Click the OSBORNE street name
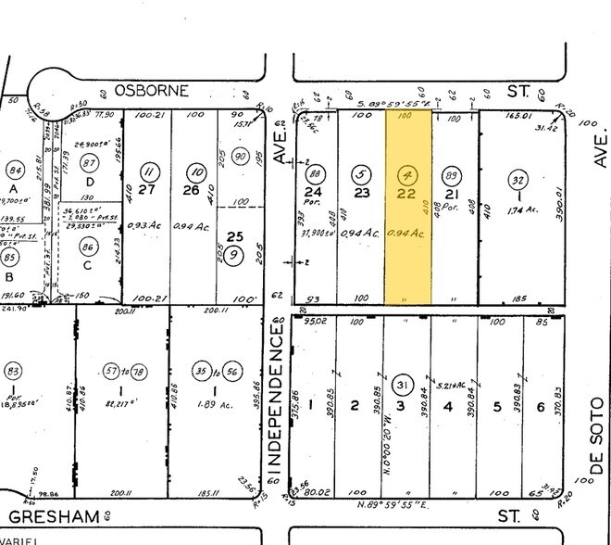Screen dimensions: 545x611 click(x=152, y=90)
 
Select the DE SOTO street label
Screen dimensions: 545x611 click(x=597, y=436)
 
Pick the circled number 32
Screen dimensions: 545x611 click(x=517, y=180)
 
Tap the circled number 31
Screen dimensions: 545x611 click(x=402, y=385)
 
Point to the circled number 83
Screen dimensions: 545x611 click(x=13, y=373)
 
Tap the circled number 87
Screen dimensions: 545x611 click(x=89, y=163)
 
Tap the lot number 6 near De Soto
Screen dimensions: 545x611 click(x=539, y=407)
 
